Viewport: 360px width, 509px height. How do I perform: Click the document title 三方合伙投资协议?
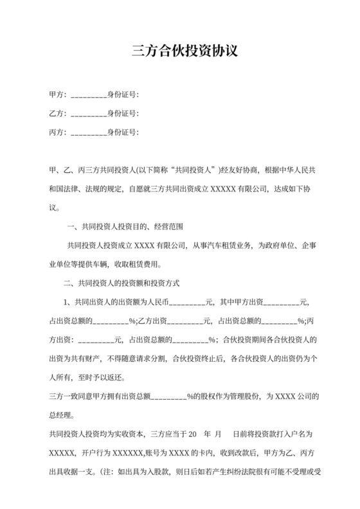coord(179,51)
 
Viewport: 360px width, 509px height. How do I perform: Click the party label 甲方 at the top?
coord(57,95)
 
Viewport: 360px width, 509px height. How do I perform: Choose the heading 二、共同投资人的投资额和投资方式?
coord(122,282)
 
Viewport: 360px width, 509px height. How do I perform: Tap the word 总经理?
coord(60,415)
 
